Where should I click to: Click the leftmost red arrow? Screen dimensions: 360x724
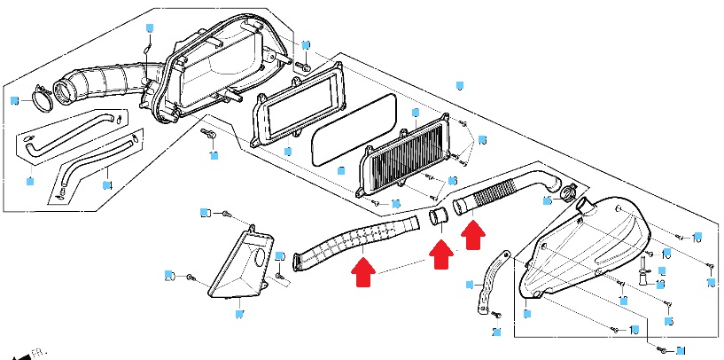[x=362, y=270]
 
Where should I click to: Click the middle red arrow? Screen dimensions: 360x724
[x=439, y=254]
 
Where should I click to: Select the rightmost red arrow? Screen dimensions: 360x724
[x=475, y=236]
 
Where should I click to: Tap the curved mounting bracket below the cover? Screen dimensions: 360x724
[x=487, y=279]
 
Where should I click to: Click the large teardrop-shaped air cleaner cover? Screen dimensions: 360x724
[x=585, y=248]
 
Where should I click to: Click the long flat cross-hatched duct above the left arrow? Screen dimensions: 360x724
[x=354, y=240]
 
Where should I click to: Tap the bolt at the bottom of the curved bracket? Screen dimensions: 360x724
[x=495, y=315]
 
